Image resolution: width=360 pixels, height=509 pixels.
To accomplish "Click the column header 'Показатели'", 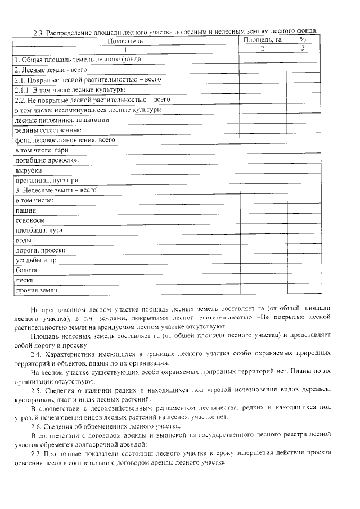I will coord(125,40).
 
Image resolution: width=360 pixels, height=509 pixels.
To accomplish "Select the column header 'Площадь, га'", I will coord(262,40).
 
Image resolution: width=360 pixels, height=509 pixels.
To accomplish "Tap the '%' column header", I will coord(303,40).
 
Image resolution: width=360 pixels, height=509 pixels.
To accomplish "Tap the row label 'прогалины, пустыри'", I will coord(46,181).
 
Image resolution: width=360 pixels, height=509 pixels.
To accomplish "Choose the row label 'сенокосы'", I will coord(30,220).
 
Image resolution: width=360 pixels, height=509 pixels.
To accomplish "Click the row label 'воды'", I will coord(23,241).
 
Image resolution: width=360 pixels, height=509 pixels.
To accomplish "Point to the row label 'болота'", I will coord(26,271).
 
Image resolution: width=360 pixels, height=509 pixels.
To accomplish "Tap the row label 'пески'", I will coord(24,280).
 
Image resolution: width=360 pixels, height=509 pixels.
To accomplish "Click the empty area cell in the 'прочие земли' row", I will coord(262,290).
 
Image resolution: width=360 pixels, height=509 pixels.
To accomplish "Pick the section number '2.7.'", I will coord(37,453).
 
